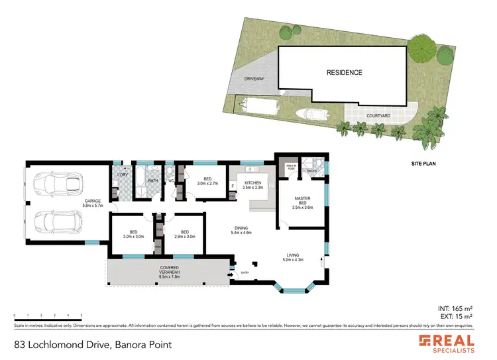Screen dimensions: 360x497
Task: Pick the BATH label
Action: (152, 180)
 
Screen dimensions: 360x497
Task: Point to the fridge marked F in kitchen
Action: (233, 186)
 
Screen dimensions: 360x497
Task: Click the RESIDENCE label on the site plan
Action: (343, 72)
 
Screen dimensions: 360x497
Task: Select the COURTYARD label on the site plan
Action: (378, 116)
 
